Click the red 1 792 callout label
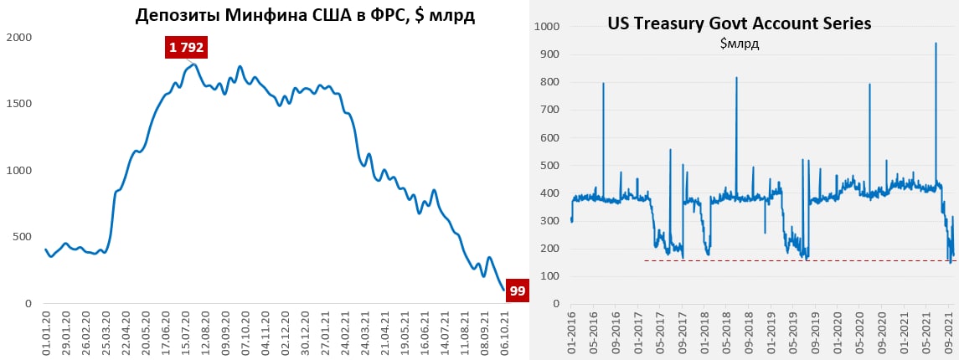pyautogui.click(x=186, y=49)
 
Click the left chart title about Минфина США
pyautogui.click(x=305, y=15)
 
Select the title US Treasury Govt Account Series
pyautogui.click(x=740, y=24)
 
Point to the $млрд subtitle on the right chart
pyautogui.click(x=740, y=44)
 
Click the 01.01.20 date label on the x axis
pyautogui.click(x=47, y=335)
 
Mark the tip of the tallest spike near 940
pyautogui.click(x=935, y=44)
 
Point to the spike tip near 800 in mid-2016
pyautogui.click(x=603, y=83)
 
